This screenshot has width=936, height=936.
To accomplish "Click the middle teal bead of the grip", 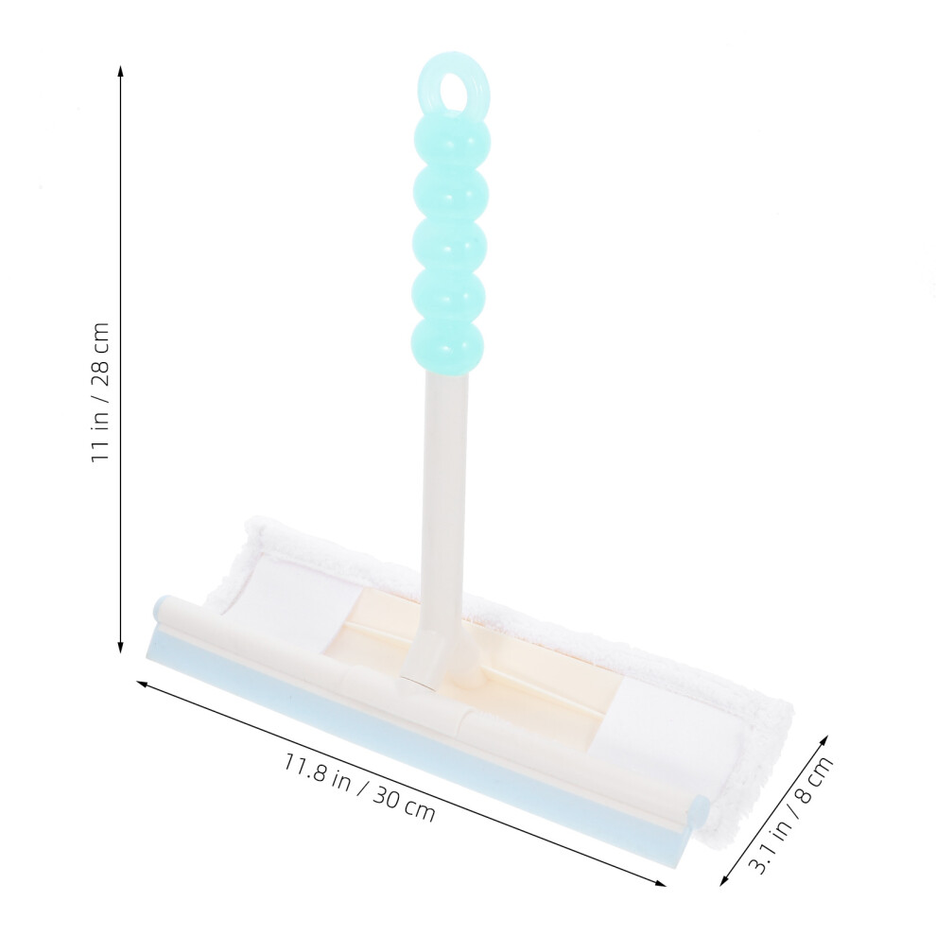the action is tap(451, 245).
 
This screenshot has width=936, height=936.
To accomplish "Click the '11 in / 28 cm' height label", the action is tap(100, 391).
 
